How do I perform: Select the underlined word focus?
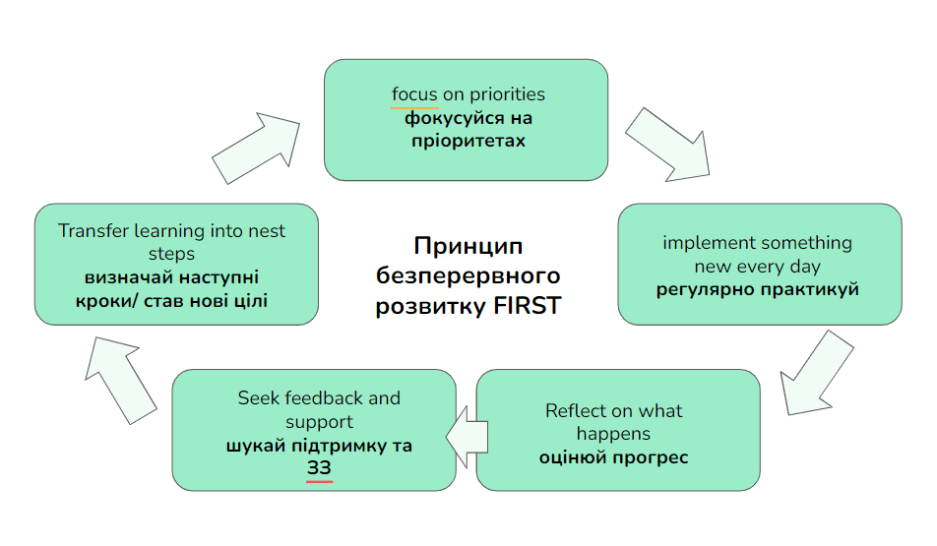click(x=414, y=94)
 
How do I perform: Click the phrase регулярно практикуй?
click(x=758, y=290)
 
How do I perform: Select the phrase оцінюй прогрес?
click(x=613, y=457)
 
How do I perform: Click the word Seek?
click(x=258, y=398)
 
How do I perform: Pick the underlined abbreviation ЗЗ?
click(x=319, y=469)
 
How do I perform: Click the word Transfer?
click(x=92, y=231)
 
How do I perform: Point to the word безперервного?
click(x=468, y=274)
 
